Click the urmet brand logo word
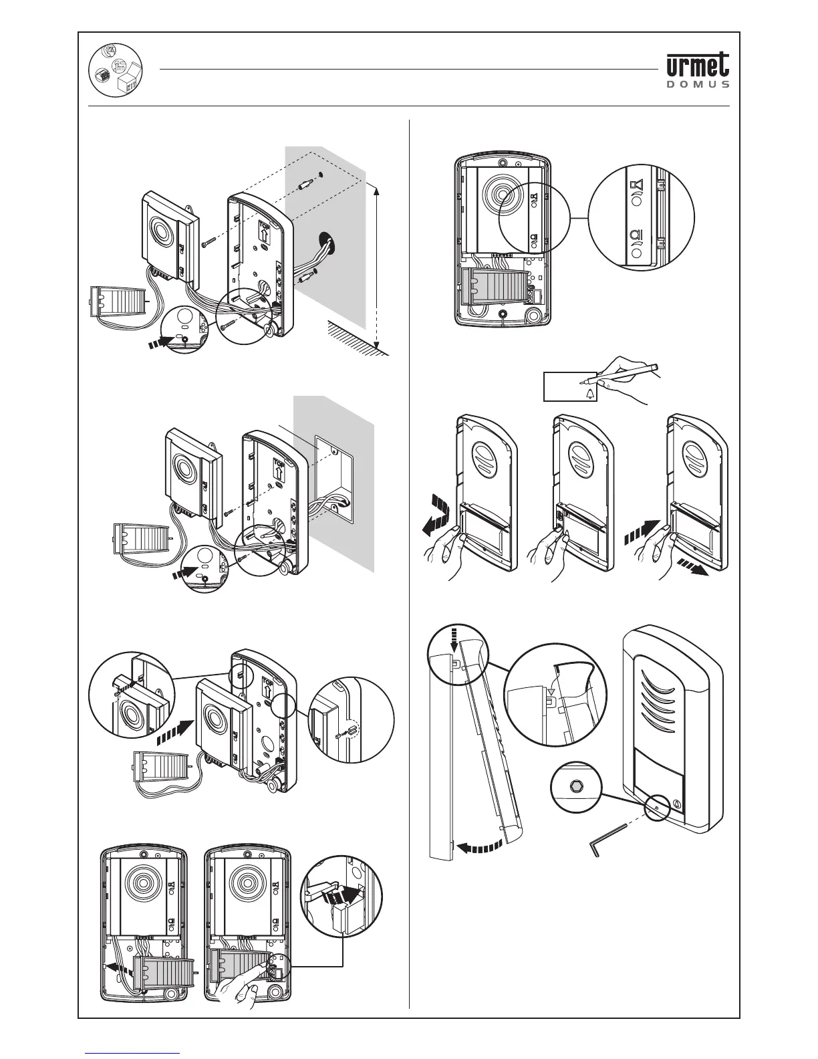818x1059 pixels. [697, 66]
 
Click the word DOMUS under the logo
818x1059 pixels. [697, 85]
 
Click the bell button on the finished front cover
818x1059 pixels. [676, 804]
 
